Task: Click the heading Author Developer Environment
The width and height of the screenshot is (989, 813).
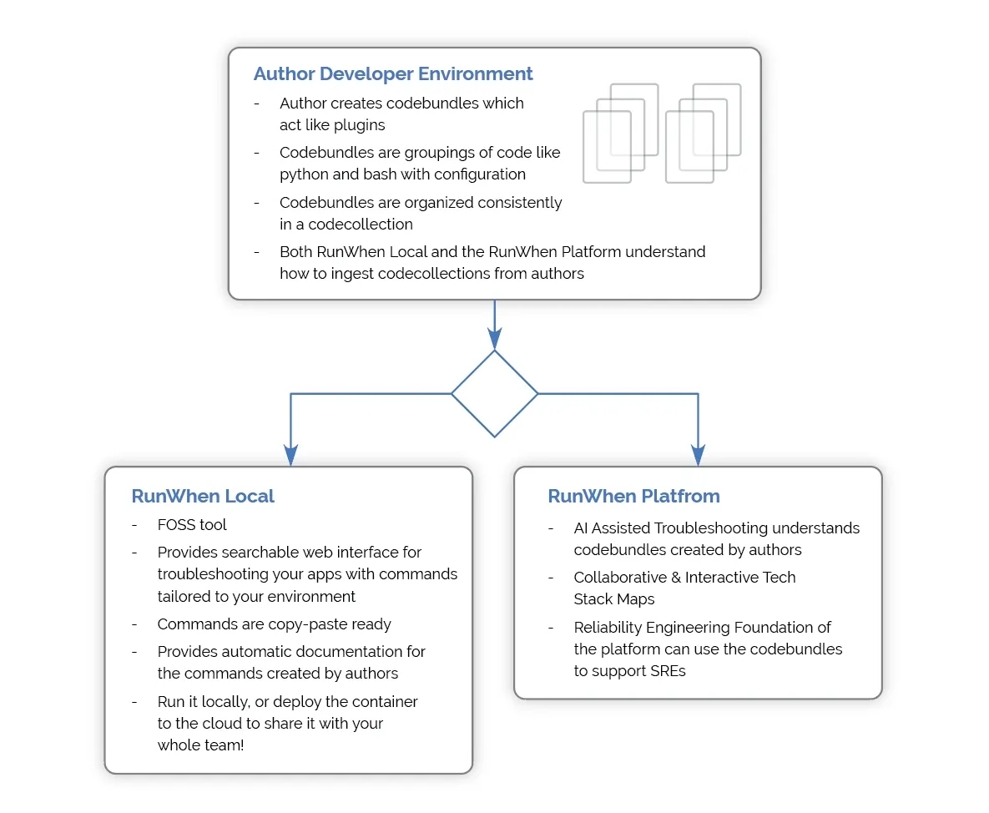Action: (x=393, y=73)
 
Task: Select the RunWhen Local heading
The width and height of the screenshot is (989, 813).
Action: (x=203, y=497)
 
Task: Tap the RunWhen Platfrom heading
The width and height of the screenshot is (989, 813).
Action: (x=633, y=497)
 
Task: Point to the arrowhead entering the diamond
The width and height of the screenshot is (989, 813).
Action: (x=494, y=339)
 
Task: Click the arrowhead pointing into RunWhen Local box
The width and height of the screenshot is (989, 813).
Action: (x=290, y=456)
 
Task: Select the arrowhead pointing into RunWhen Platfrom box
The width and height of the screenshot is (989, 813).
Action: (x=699, y=456)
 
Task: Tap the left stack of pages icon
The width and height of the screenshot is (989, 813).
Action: (x=621, y=133)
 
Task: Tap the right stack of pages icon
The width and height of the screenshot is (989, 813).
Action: (x=704, y=133)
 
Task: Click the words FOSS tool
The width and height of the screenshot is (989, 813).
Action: (x=192, y=525)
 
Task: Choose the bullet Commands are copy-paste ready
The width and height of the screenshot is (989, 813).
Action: (x=275, y=624)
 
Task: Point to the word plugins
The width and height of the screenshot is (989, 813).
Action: (x=361, y=125)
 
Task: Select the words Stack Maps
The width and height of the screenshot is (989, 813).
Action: (x=613, y=599)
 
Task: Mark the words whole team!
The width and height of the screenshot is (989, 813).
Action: (x=200, y=745)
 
